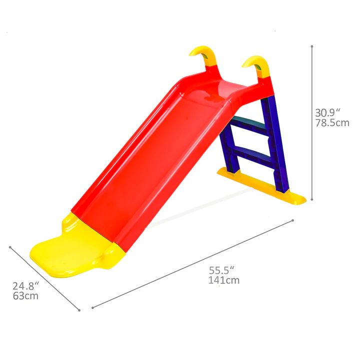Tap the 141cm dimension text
(223, 280)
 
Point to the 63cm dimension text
(25, 296)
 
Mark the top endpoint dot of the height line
(312, 46)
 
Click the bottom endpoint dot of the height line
(312, 200)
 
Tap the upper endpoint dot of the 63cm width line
(10, 246)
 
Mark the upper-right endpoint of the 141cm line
(293, 220)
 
